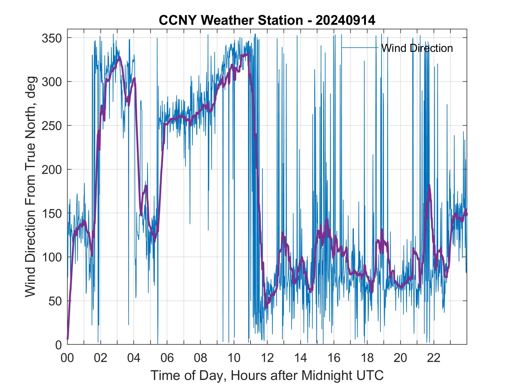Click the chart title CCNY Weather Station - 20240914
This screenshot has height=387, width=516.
coord(267,20)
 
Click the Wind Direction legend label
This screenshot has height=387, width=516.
coord(417,48)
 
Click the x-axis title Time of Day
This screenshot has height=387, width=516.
coord(267,376)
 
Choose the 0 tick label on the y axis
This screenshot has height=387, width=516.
coord(59,345)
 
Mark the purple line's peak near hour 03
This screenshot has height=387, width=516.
coord(119,57)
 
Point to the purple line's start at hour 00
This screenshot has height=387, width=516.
coord(68,339)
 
